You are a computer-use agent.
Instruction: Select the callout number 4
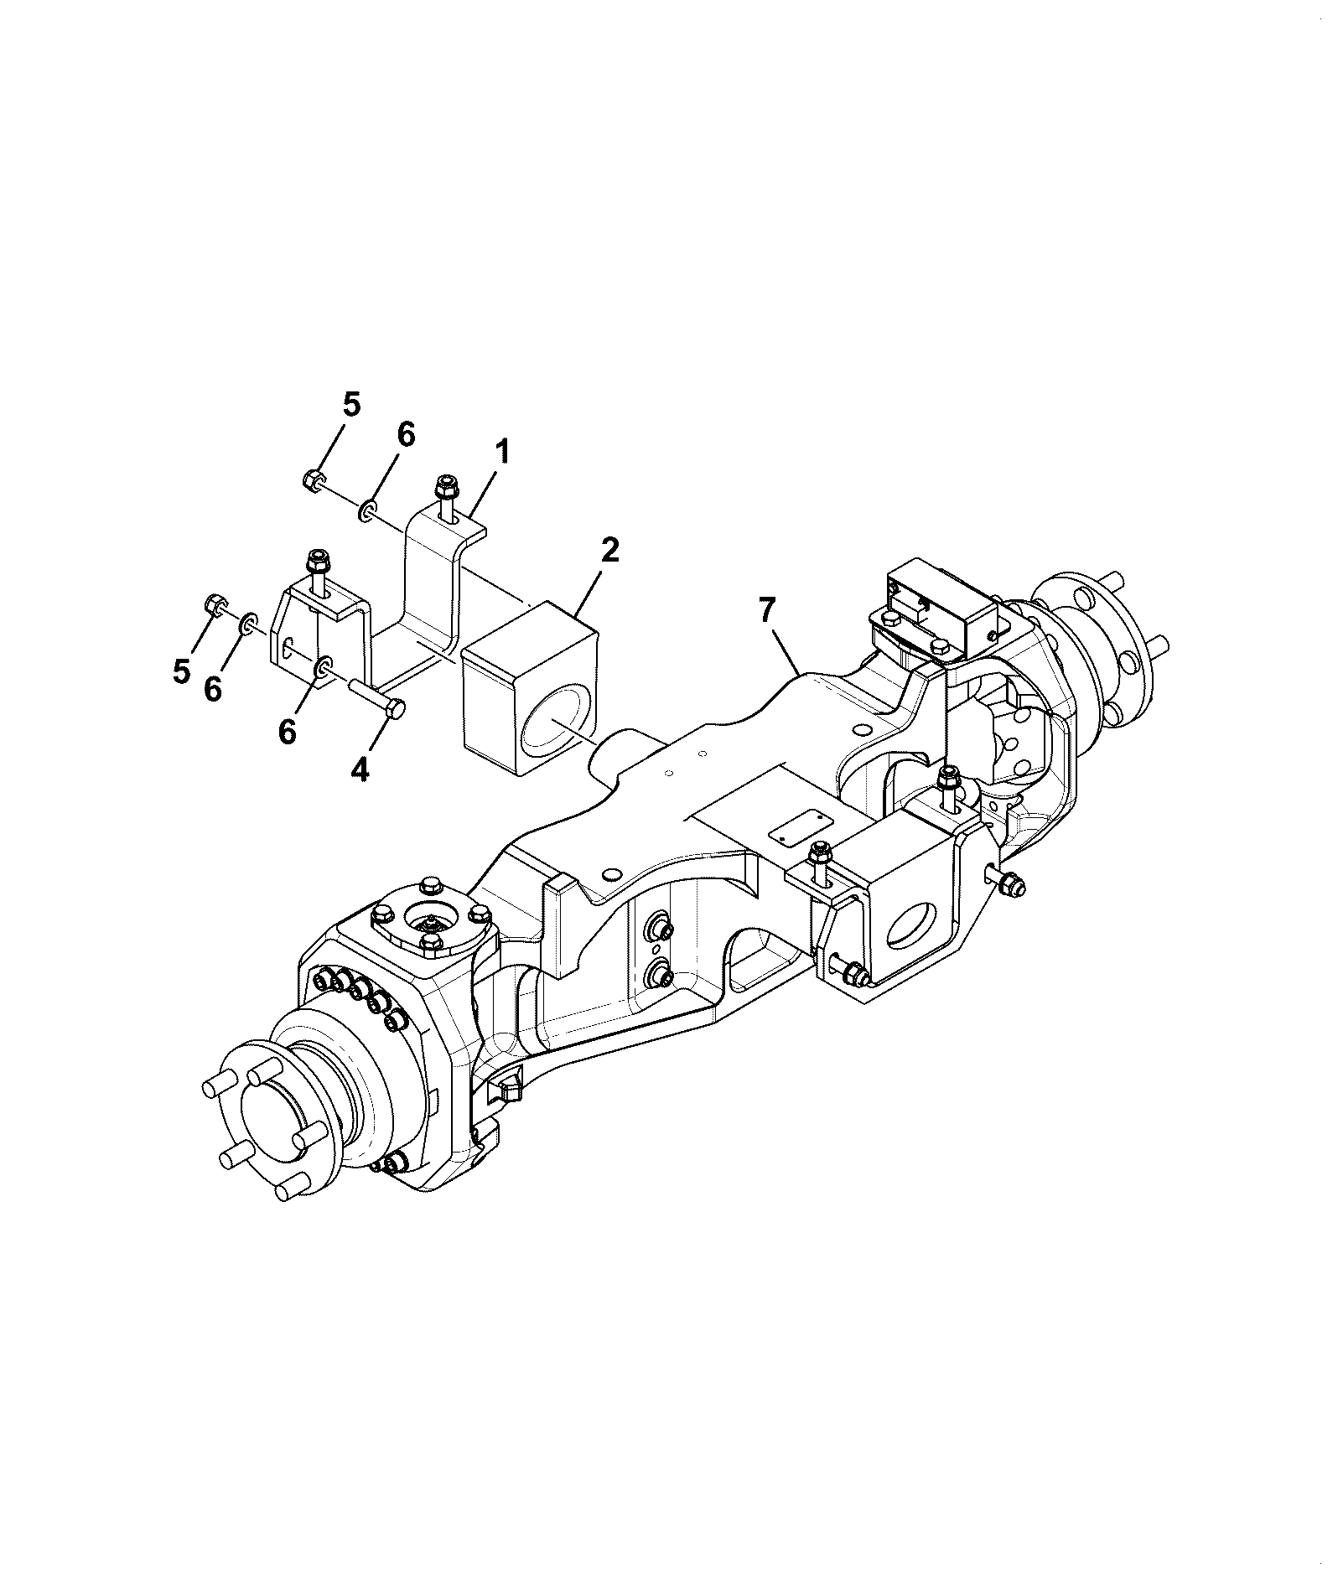[x=359, y=769]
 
